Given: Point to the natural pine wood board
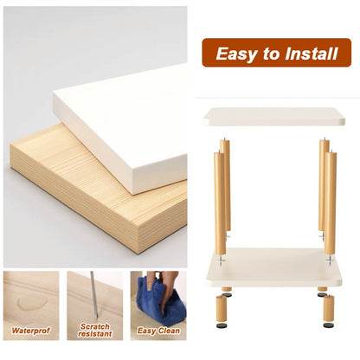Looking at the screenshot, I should (x=87, y=199).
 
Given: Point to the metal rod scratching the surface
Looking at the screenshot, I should (x=93, y=294).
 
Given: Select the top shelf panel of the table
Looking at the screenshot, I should (x=273, y=117).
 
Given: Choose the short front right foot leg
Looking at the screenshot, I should (x=329, y=306).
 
